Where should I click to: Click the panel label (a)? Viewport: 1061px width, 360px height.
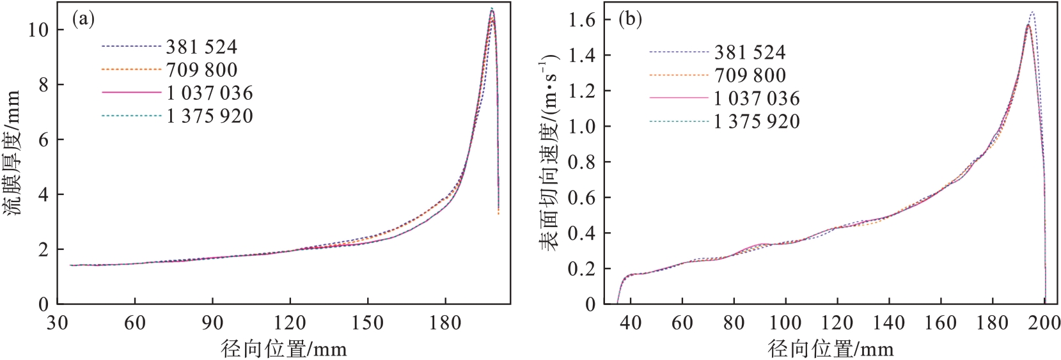pos(83,20)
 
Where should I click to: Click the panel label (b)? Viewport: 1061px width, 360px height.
pos(631,20)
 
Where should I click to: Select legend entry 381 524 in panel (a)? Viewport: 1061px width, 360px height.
pos(201,47)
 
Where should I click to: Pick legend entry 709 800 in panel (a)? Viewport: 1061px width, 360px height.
pos(201,70)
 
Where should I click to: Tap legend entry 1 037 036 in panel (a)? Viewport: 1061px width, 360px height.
pos(210,93)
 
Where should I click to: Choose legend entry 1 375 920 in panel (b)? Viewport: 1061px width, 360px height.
pos(757,121)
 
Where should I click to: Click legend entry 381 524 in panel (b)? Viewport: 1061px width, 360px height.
pos(750,52)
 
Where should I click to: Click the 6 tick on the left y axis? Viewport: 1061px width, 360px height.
pos(43,140)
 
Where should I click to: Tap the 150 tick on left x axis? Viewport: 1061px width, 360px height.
pos(367,323)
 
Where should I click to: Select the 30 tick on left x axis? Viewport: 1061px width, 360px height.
pos(57,323)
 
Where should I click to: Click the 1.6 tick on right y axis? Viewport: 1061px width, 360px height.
pos(581,20)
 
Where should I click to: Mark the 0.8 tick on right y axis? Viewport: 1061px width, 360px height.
pos(581,162)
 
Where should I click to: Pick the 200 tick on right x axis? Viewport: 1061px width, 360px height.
pos(1044,323)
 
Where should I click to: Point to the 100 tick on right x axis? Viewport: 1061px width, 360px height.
pos(785,323)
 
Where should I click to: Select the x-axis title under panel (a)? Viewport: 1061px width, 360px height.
pos(284,349)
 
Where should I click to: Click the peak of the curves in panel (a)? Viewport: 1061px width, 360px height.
pos(491,9)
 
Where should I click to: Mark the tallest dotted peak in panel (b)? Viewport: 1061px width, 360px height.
pos(1032,12)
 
